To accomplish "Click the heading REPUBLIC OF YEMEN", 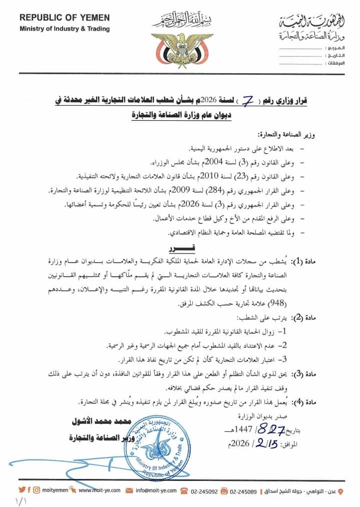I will tap(65, 18).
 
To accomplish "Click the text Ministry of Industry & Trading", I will tap(65, 29).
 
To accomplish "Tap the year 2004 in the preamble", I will tap(216, 163).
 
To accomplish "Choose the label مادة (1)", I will tap(338, 260).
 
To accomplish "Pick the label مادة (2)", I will tap(338, 318).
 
